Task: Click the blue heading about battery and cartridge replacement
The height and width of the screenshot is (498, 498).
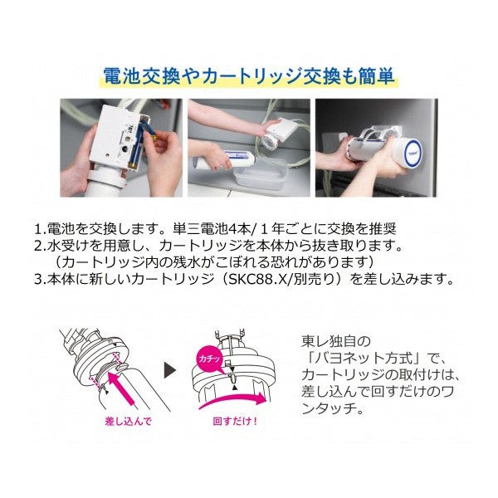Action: click(249, 76)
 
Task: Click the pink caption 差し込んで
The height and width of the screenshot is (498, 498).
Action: click(129, 422)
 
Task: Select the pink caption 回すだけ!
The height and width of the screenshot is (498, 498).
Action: click(235, 422)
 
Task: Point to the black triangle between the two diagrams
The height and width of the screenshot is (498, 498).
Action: click(169, 369)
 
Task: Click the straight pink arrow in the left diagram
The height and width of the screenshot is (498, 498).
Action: click(122, 388)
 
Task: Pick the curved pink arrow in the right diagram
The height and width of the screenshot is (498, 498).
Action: click(232, 401)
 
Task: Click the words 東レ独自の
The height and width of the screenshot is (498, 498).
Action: click(336, 342)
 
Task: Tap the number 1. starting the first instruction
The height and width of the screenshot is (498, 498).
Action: click(41, 229)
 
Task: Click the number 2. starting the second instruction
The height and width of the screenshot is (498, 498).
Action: click(41, 246)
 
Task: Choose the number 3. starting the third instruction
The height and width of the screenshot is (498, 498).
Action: click(41, 279)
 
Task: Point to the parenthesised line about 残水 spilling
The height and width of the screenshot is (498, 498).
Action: click(214, 262)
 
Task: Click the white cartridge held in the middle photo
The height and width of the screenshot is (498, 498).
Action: click(223, 160)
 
